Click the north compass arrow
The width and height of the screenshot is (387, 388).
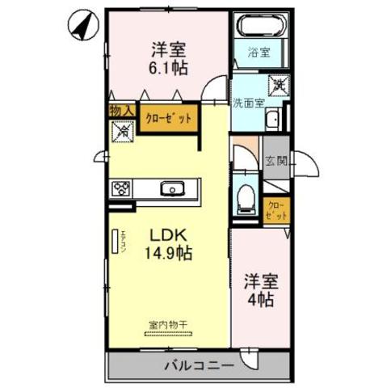click(79, 27)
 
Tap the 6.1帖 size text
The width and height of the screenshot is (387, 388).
click(168, 68)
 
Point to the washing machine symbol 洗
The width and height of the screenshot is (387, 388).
click(277, 83)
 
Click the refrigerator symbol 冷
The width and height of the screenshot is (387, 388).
click(121, 129)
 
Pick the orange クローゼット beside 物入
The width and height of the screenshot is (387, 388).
click(168, 118)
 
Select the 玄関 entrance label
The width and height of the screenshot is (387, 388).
click(276, 161)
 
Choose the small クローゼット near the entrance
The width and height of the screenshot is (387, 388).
click(276, 210)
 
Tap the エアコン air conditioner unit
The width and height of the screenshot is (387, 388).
click(114, 243)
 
